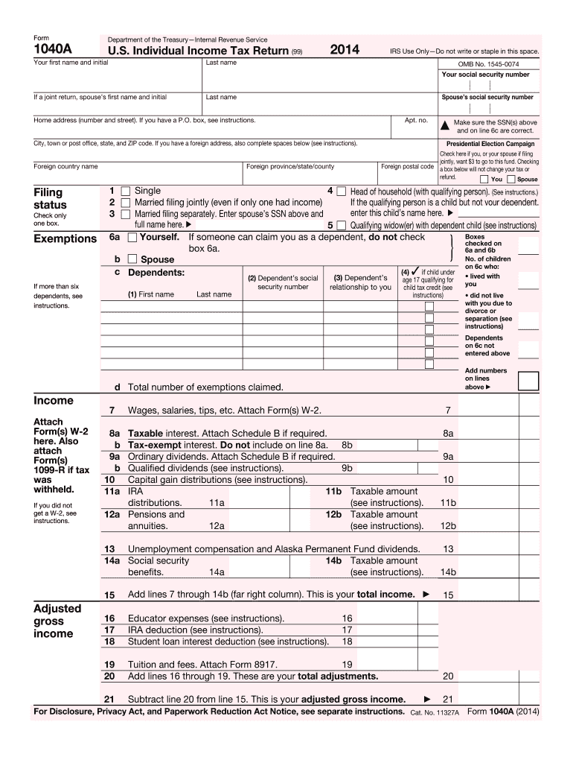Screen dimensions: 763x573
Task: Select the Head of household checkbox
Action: [x=341, y=191]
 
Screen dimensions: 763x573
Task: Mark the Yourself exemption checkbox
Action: [x=132, y=238]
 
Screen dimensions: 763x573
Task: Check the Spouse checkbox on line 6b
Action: [x=132, y=259]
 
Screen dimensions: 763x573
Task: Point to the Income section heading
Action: [x=54, y=401]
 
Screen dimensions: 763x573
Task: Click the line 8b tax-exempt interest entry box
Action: [x=387, y=445]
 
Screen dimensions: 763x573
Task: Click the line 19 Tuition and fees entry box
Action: [x=387, y=665]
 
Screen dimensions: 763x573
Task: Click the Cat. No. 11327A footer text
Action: [x=435, y=712]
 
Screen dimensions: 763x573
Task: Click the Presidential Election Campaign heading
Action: [x=490, y=144]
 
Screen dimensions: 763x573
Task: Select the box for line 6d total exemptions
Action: [x=528, y=381]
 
